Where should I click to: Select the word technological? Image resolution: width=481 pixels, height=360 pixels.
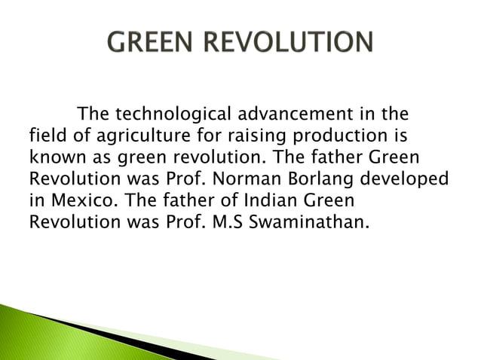(171, 115)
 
